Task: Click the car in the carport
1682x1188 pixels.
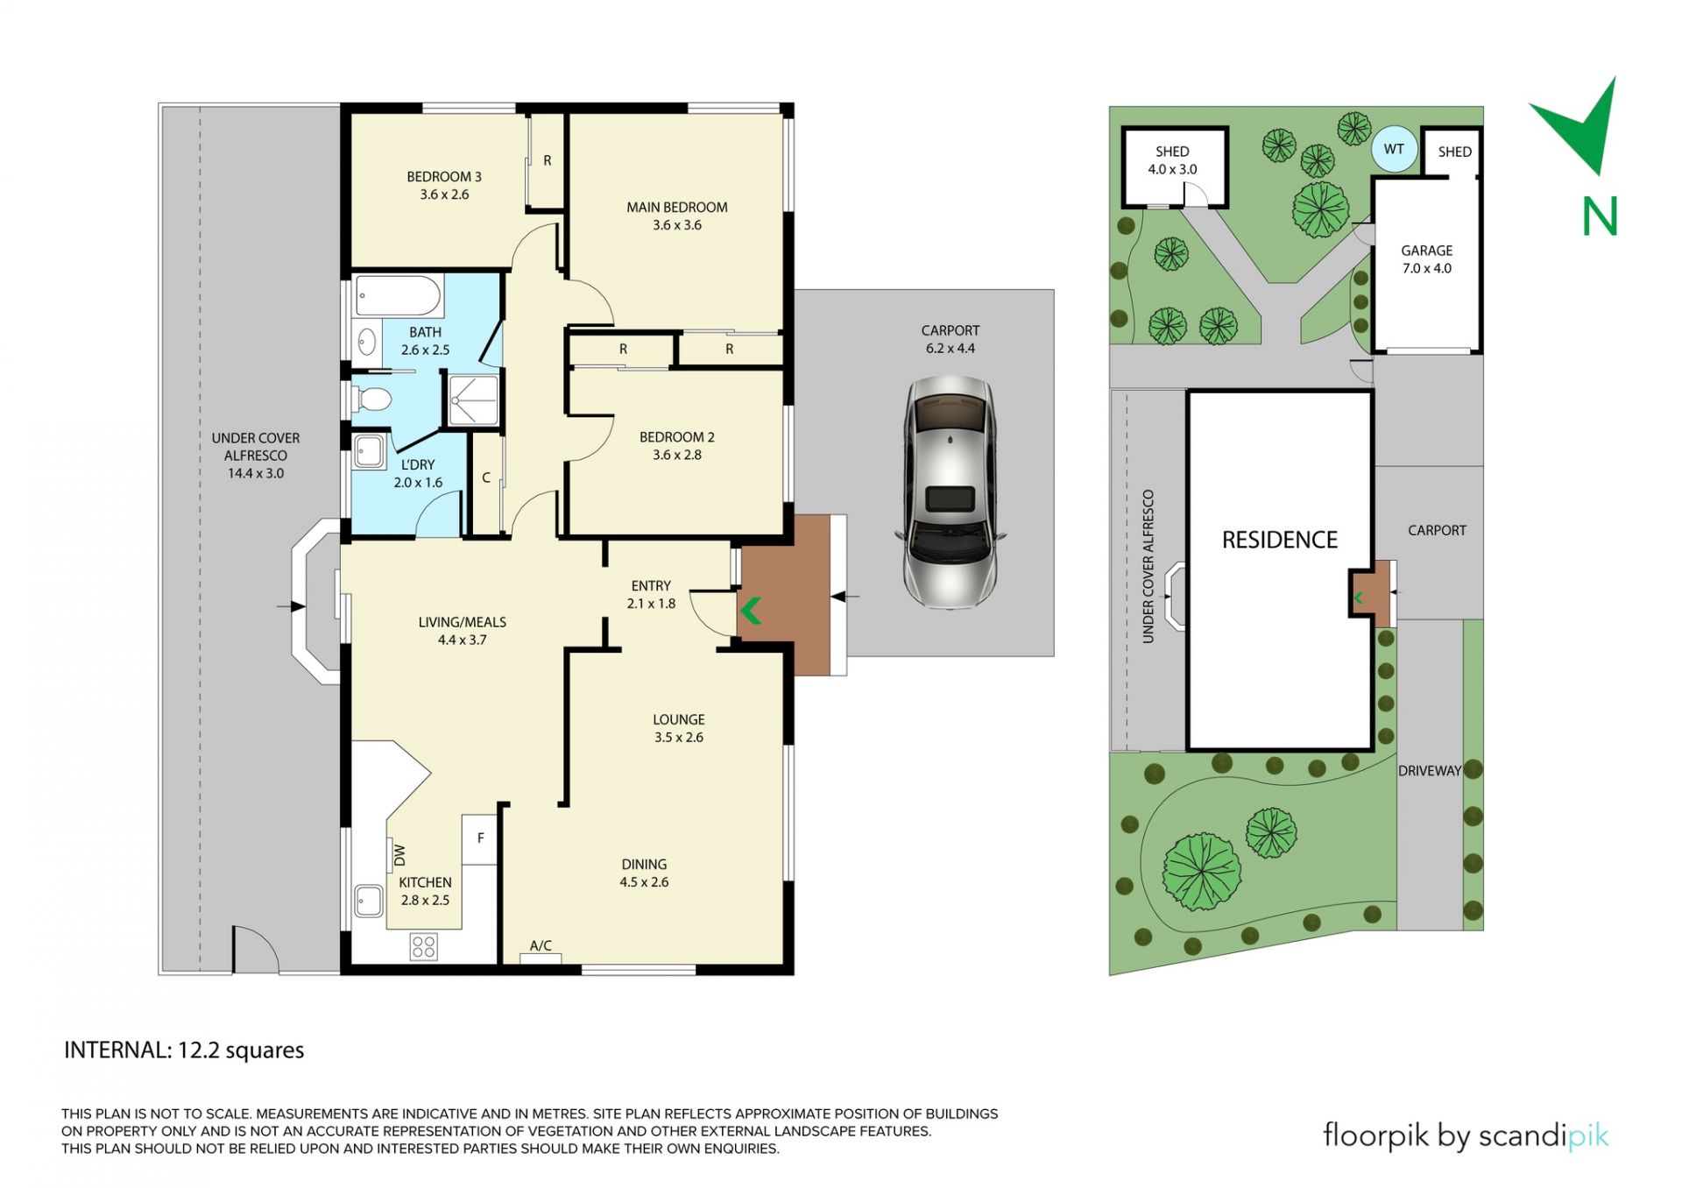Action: [x=950, y=492]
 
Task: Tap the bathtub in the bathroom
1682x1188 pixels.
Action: [x=399, y=296]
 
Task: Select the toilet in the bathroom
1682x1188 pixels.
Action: [x=371, y=400]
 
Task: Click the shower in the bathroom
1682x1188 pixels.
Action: [x=473, y=400]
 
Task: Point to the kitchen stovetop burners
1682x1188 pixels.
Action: [x=424, y=946]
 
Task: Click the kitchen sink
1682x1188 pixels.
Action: [x=369, y=900]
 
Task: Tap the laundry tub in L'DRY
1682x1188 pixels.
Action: [x=369, y=452]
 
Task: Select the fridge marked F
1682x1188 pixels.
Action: [x=480, y=839]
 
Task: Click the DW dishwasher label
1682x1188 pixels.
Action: [x=399, y=853]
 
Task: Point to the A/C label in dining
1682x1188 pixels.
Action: [x=541, y=946]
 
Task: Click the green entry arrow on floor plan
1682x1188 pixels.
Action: [x=750, y=611]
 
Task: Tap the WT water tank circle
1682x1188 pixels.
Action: [x=1393, y=150]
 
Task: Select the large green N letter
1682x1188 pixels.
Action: [x=1600, y=216]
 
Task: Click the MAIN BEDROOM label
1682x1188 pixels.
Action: [x=676, y=208]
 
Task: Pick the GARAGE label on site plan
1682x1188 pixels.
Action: [x=1426, y=251]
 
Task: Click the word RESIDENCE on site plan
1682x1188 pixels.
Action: [x=1280, y=541]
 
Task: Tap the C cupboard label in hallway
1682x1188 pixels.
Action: [x=486, y=478]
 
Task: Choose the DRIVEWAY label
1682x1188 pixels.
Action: [x=1430, y=771]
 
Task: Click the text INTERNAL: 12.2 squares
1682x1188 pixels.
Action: [x=184, y=1050]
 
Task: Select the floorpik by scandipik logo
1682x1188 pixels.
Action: [x=1466, y=1136]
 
